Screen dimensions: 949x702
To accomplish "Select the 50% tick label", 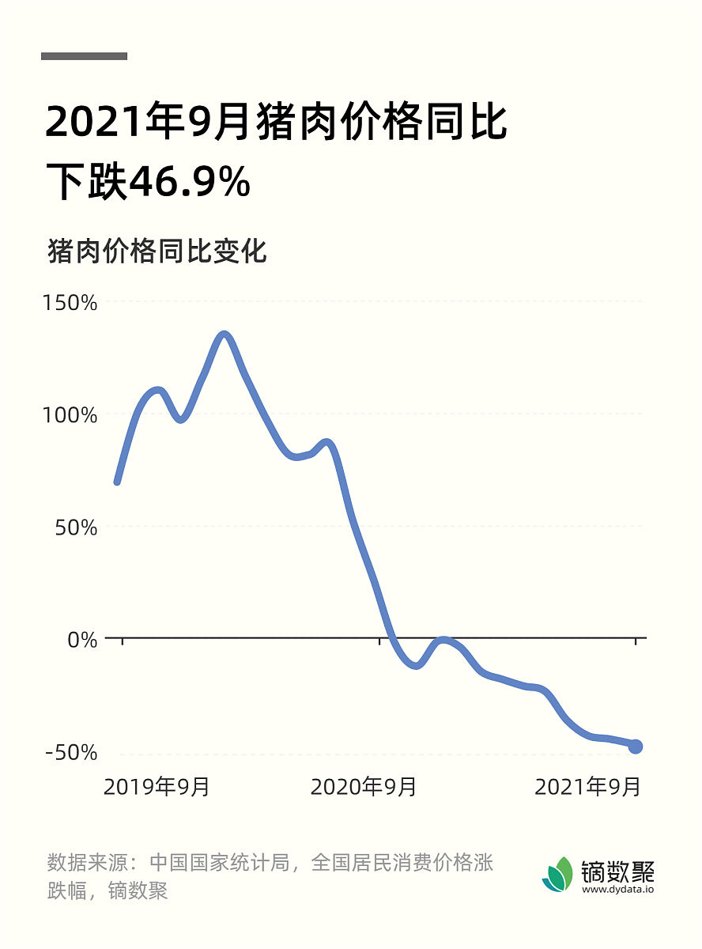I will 76,527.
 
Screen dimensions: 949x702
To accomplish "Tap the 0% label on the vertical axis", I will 82,639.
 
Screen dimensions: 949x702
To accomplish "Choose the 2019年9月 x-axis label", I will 157,787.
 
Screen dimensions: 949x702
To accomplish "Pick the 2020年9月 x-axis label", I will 363,787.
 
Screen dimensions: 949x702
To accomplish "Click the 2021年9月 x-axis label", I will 587,787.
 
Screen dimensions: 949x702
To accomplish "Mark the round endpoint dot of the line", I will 635,746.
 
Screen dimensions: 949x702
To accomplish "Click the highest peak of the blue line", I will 225,335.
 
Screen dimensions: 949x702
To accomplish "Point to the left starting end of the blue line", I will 118,480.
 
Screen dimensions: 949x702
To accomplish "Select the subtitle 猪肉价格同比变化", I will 157,251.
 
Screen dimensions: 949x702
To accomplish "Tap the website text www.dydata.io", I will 618,889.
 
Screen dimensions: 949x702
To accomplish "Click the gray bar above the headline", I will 84,56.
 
